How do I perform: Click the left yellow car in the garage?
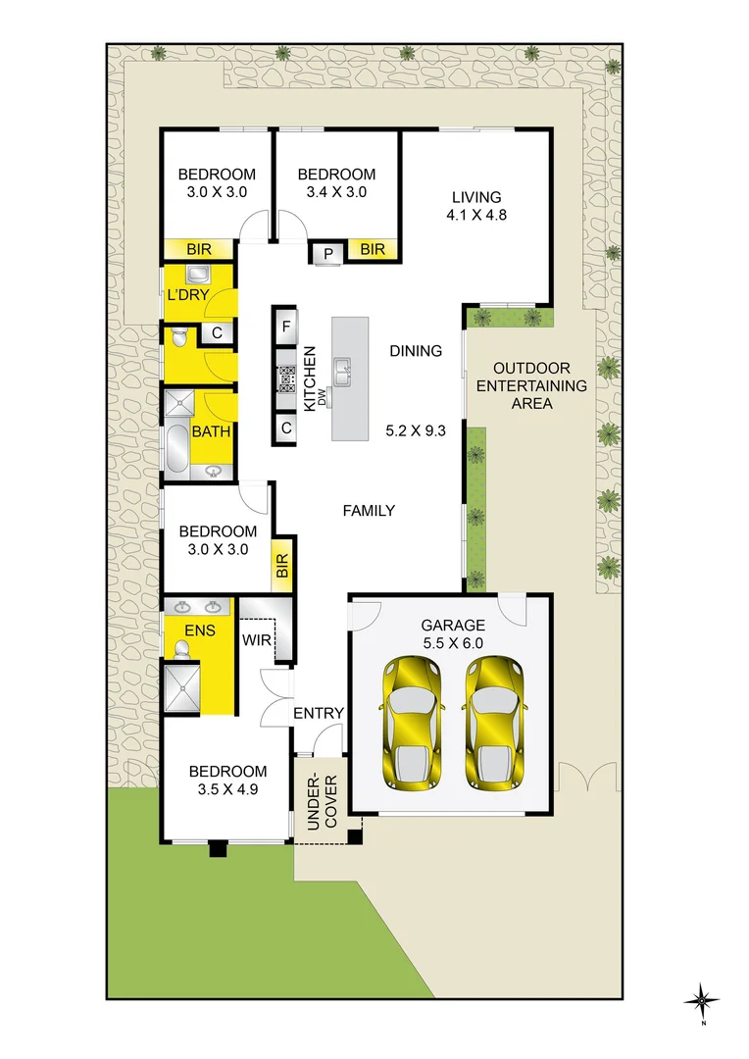413,723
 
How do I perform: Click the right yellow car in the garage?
495,723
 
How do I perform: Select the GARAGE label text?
453,625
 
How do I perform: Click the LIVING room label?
475,197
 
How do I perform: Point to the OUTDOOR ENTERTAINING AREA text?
531,385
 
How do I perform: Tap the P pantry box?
326,252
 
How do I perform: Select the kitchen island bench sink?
342,370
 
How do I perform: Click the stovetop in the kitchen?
287,376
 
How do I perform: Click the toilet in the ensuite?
180,648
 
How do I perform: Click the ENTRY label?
319,713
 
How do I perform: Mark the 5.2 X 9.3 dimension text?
417,429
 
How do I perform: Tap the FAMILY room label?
369,510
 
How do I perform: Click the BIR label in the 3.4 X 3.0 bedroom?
373,250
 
